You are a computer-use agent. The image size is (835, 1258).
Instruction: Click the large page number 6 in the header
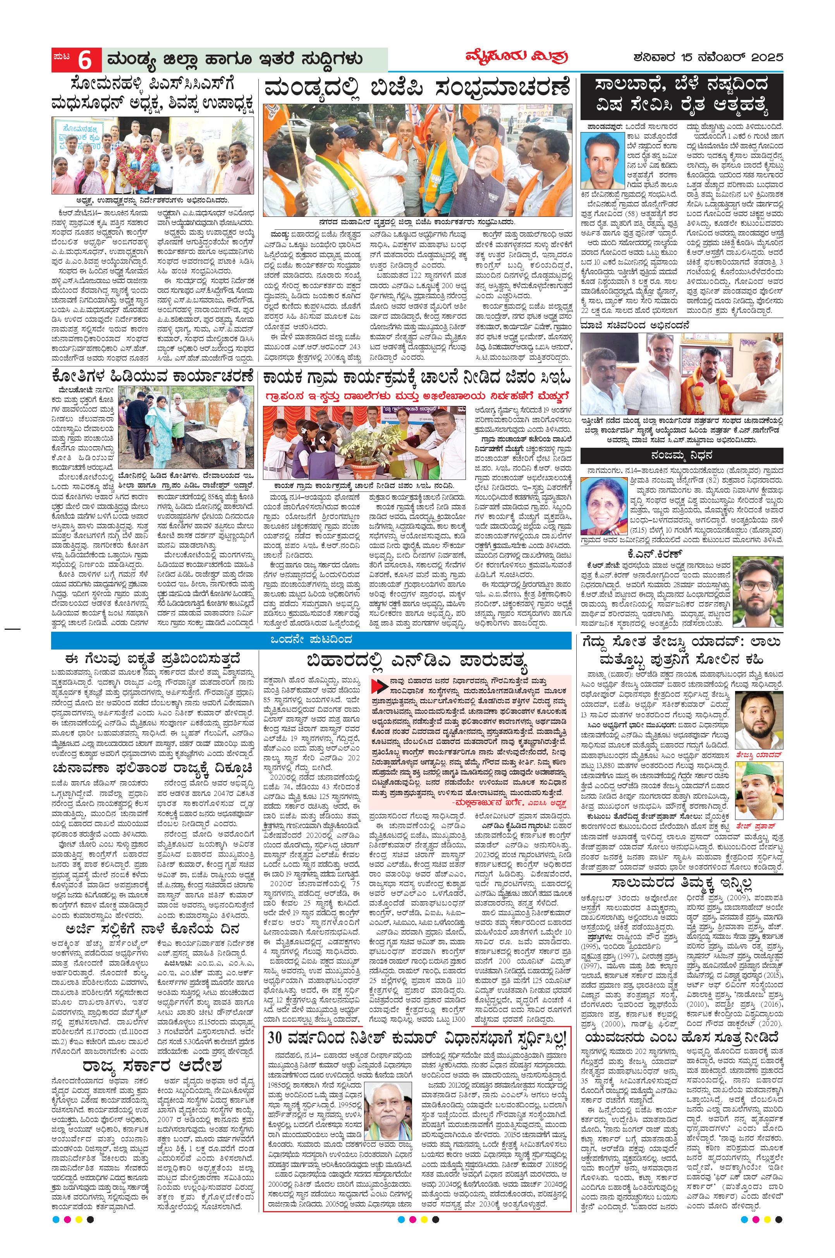85,60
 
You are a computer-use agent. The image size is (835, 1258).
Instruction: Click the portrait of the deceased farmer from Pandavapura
602,160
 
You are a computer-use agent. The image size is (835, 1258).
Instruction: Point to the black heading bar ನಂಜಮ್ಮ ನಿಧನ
682,456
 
